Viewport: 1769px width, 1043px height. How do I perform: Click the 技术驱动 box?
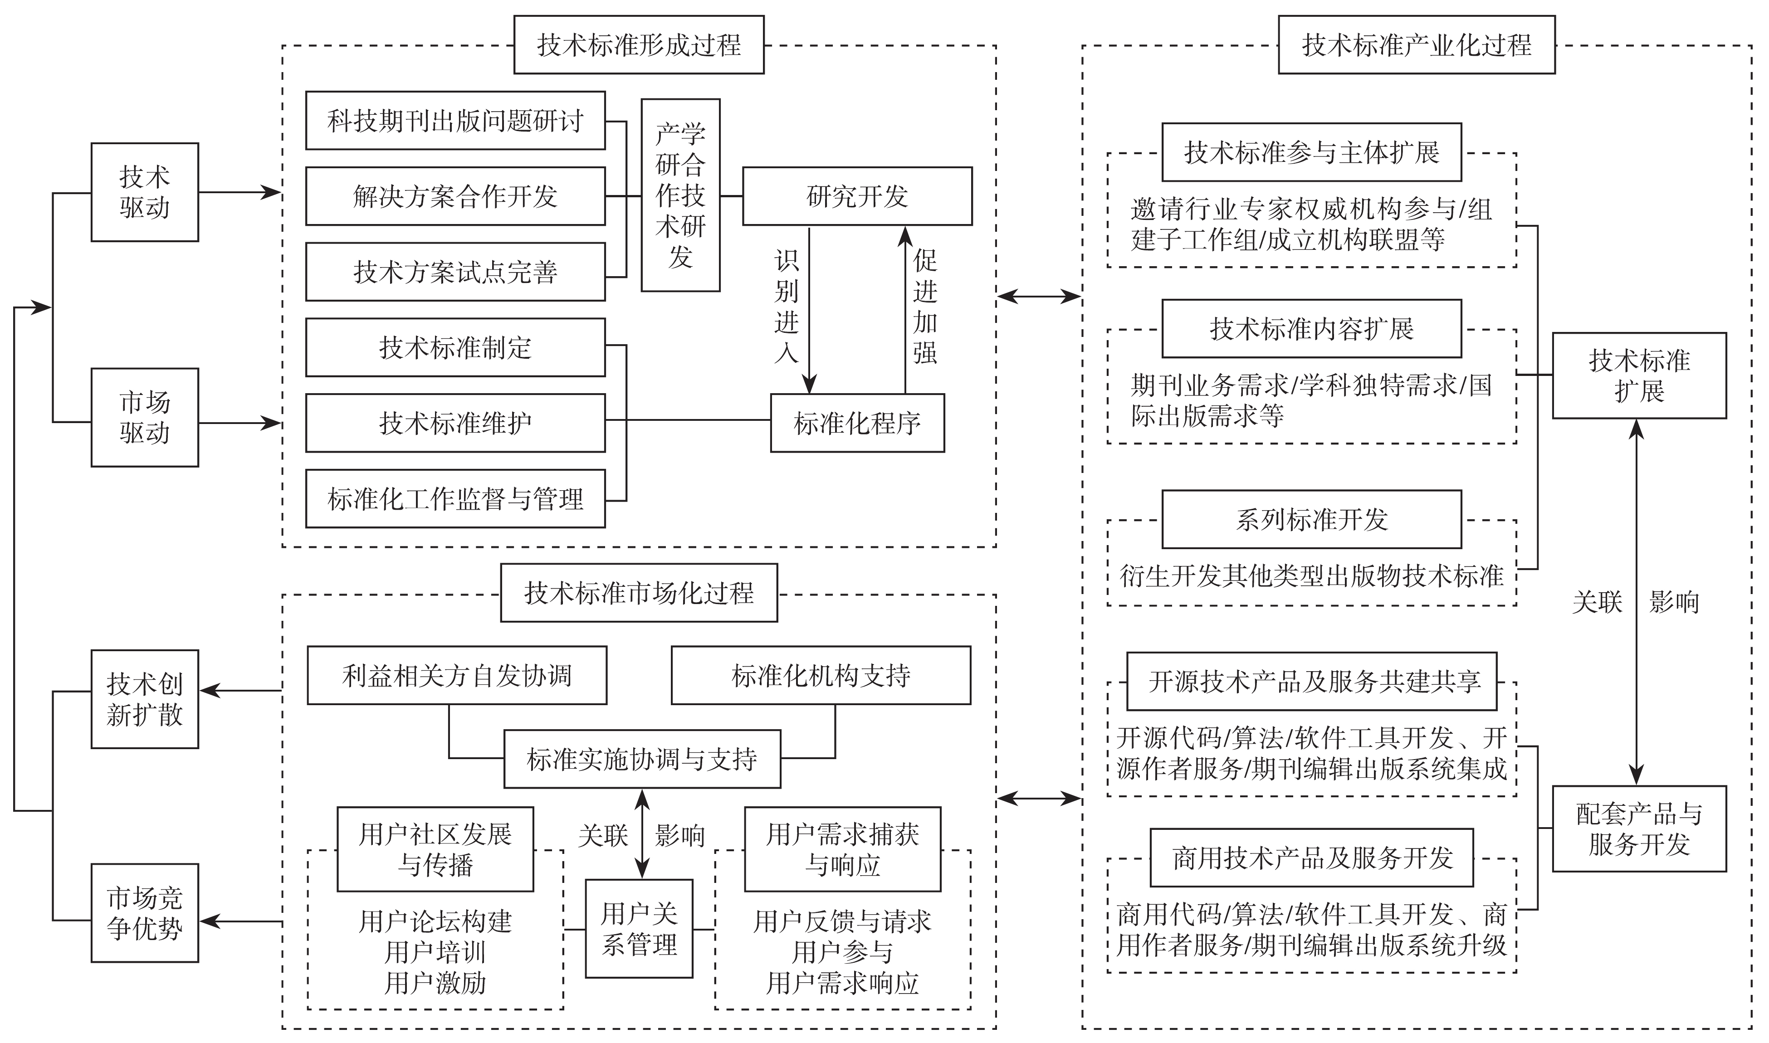[x=145, y=192]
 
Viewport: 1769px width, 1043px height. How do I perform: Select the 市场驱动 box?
[x=145, y=418]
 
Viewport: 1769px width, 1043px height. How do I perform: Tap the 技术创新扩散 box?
[x=145, y=699]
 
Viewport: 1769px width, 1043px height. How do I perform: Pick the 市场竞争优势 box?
[x=145, y=913]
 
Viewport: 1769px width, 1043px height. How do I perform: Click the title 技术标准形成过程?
[x=638, y=45]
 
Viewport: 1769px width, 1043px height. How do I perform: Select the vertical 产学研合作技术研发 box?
[x=680, y=195]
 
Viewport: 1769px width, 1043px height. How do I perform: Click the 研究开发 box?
[x=857, y=196]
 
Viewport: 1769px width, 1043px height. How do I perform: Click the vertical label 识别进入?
[x=787, y=307]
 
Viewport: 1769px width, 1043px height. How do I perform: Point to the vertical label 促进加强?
[x=925, y=307]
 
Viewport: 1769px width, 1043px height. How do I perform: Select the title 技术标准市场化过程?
[x=638, y=593]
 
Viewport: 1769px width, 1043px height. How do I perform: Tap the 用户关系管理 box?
[x=639, y=928]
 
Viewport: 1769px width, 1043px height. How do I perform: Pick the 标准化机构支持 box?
[x=821, y=675]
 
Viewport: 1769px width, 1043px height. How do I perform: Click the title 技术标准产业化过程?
[x=1416, y=45]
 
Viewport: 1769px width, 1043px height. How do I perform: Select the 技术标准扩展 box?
[x=1639, y=375]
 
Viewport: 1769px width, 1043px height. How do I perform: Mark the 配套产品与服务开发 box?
[x=1639, y=829]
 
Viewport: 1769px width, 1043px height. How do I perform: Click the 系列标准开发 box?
[x=1311, y=519]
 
